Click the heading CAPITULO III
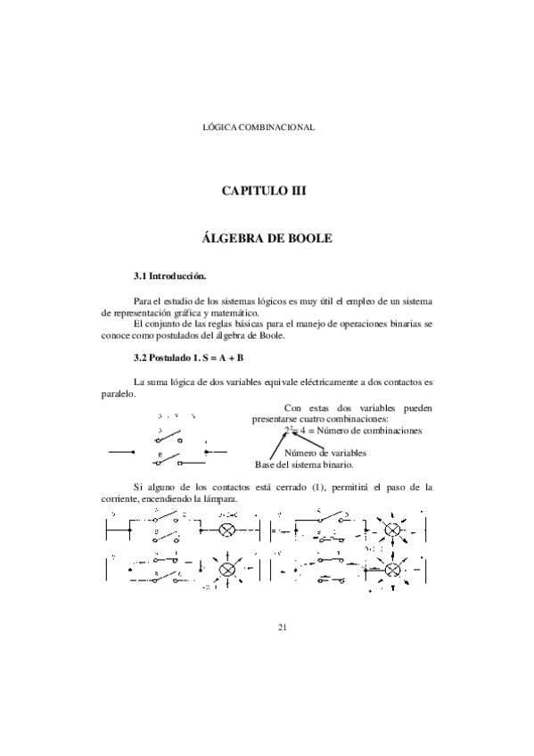(x=267, y=191)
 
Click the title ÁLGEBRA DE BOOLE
(x=267, y=240)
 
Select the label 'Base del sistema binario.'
(x=304, y=464)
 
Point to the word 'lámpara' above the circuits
(x=220, y=498)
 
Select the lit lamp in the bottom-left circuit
(x=227, y=568)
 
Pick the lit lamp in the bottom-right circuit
(x=393, y=568)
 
